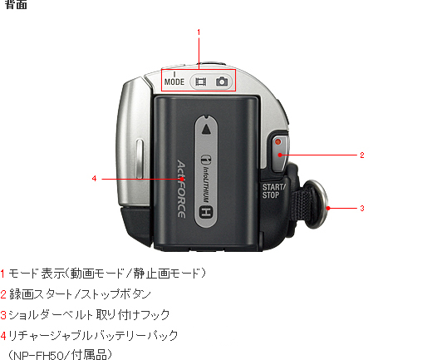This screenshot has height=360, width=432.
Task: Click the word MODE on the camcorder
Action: [174, 81]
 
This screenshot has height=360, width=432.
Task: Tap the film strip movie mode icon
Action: [201, 81]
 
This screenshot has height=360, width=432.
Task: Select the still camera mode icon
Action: [222, 81]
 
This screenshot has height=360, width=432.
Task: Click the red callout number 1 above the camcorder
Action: [199, 32]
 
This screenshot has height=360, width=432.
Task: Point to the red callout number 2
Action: [362, 155]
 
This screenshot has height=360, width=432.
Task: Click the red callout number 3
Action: [362, 209]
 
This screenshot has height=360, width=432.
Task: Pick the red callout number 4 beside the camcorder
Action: [94, 179]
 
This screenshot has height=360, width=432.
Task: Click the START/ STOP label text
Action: [273, 191]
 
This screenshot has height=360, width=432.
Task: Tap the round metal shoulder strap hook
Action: [316, 205]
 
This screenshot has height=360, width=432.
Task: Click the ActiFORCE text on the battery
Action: [181, 189]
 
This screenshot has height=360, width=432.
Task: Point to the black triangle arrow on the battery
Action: [206, 130]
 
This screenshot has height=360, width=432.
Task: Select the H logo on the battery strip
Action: [206, 212]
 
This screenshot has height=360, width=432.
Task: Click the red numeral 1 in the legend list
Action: [2, 274]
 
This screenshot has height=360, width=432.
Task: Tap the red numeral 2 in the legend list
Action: [3, 294]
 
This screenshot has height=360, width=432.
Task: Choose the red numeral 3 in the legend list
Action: [3, 315]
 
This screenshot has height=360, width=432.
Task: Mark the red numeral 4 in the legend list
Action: [3, 336]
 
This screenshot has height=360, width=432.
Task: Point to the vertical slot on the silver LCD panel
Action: [140, 159]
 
